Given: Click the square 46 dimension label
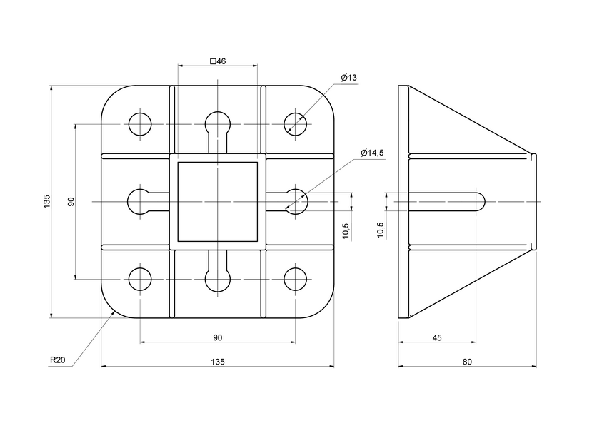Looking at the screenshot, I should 218,61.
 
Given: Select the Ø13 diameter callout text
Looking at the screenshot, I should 349,77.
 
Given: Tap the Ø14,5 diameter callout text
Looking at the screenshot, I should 372,153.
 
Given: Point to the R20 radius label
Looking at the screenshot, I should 58,360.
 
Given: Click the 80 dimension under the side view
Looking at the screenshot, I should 467,362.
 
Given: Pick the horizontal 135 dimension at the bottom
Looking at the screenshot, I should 218,362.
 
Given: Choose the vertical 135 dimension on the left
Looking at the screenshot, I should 47,201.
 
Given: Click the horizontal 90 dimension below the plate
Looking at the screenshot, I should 218,337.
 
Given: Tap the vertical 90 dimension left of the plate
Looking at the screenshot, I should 71,201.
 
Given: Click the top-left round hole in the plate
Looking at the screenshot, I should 140,124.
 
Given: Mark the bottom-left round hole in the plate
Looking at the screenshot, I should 140,279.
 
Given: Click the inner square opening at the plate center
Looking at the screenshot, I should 217,201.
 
